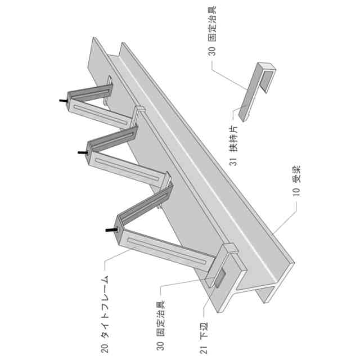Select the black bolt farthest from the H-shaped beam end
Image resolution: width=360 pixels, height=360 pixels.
(62, 101)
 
